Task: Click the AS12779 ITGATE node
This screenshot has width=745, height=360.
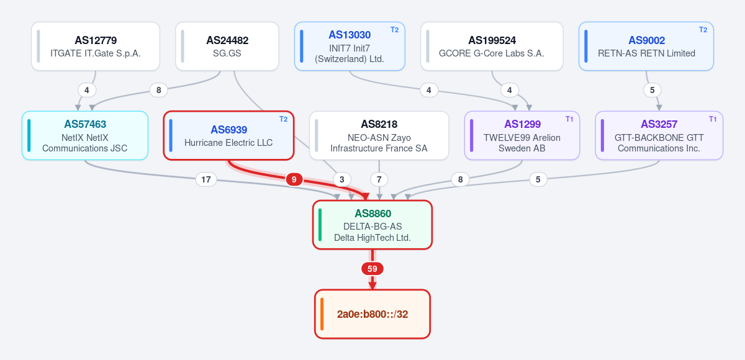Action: point(96,46)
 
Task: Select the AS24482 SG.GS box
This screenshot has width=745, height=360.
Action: point(227,46)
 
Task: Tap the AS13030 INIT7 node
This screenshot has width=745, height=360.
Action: point(350,46)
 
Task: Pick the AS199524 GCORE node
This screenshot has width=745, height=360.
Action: point(492,46)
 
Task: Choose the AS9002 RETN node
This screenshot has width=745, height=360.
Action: point(646,46)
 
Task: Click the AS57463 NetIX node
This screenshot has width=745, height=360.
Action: point(85,136)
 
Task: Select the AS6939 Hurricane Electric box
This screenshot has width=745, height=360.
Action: point(228,136)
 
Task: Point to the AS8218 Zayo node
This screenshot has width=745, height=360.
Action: point(379,136)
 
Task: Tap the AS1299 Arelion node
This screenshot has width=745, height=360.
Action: point(522,136)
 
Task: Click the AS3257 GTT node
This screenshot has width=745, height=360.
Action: point(659,136)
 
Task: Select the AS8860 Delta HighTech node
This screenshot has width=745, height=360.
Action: point(372,225)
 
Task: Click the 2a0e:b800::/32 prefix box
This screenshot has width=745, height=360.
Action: point(372,314)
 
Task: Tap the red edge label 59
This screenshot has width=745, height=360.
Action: point(372,269)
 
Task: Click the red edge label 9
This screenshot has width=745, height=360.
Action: point(294,179)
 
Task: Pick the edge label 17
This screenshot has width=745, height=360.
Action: point(206,179)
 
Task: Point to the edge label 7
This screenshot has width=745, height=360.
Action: point(379,179)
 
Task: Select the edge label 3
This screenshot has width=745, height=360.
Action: point(342,179)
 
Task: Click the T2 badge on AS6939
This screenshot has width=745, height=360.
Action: point(283,119)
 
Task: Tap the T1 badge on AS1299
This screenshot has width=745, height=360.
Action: point(569,119)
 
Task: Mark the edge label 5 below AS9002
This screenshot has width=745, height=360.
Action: point(652,90)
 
